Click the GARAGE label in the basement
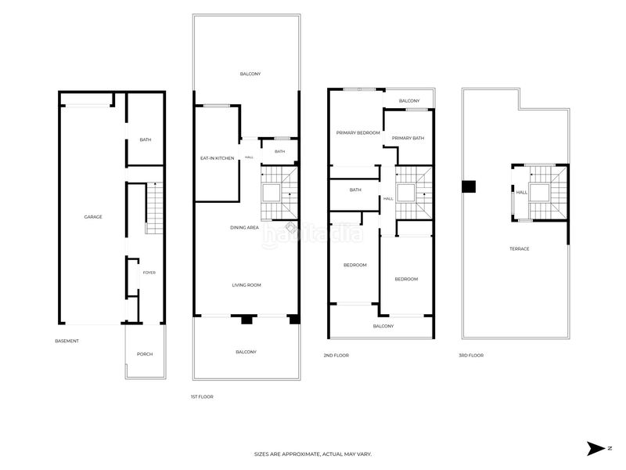[x=93, y=217]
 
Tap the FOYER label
[x=149, y=273]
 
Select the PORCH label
[x=145, y=354]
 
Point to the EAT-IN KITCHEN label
[x=218, y=158]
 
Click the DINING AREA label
[x=244, y=227]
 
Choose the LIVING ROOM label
[x=246, y=285]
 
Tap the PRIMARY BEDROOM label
[x=358, y=132]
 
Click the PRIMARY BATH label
[x=408, y=138]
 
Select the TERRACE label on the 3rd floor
[x=520, y=248]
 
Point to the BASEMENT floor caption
[x=67, y=341]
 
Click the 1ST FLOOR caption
[x=202, y=396]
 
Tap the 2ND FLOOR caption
[x=336, y=355]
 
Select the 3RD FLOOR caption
[x=471, y=355]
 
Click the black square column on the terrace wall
[x=469, y=186]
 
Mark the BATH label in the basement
[x=146, y=139]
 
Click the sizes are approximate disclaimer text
[x=313, y=454]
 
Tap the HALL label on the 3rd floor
[x=522, y=192]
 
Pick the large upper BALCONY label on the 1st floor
[x=250, y=74]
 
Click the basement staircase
[x=154, y=208]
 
